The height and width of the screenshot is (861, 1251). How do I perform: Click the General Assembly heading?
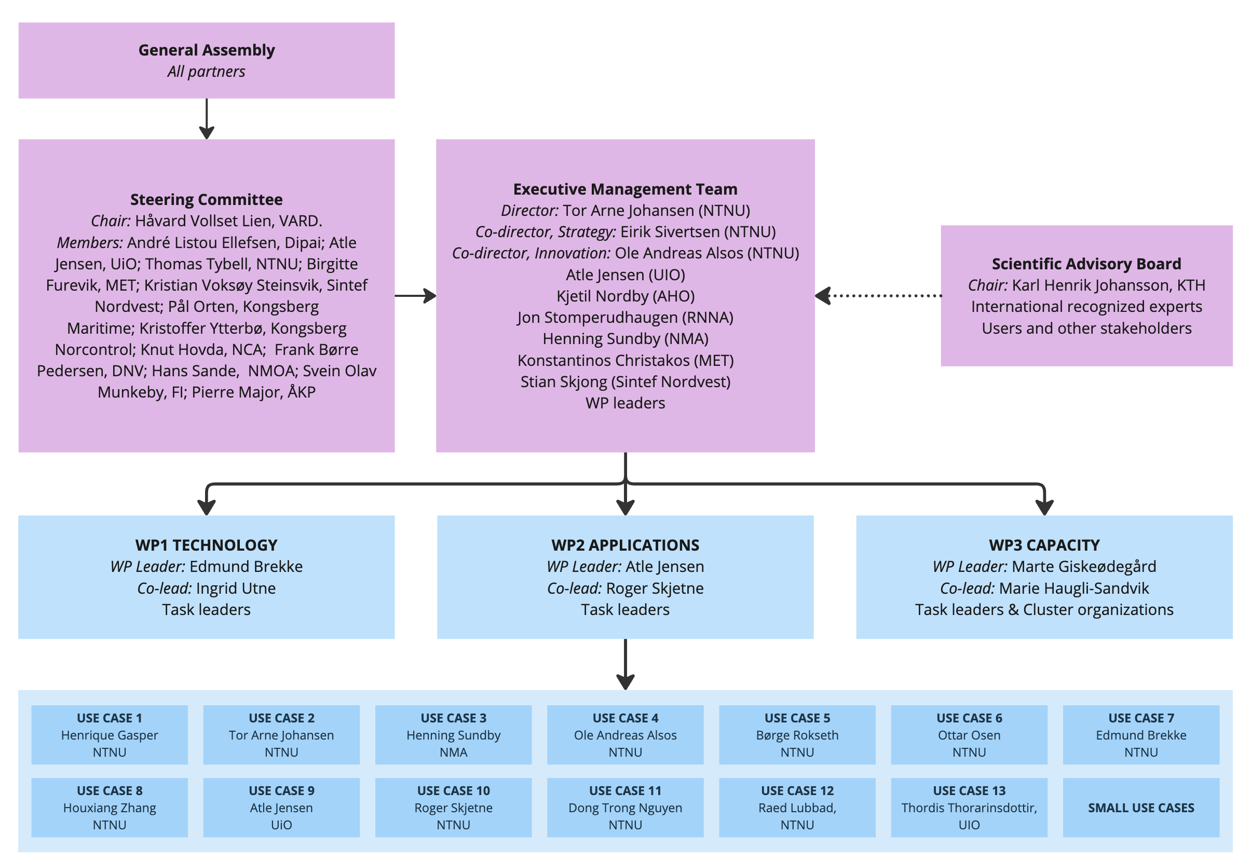coord(207,50)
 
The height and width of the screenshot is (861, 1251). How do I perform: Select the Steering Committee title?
coord(207,200)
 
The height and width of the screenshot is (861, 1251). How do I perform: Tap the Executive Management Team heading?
coord(625,189)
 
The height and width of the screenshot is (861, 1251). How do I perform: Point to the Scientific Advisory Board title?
coord(1086,264)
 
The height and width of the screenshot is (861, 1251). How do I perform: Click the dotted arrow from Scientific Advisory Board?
coord(878,296)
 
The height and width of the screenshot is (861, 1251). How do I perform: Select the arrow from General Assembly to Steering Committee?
coord(207,119)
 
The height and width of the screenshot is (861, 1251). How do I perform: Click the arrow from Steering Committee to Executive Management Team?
coord(415,296)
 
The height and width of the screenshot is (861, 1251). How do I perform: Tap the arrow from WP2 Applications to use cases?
coord(625,665)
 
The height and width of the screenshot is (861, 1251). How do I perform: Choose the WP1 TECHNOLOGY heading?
coord(207,545)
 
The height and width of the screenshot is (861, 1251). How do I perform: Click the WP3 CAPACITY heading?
coord(1044,545)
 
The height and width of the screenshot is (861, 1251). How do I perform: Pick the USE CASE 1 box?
coord(110,735)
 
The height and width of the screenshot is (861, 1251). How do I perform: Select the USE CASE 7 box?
coord(1141,735)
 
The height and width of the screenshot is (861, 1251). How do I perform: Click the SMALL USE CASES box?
coord(1141,808)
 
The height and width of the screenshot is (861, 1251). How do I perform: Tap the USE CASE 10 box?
coord(453,808)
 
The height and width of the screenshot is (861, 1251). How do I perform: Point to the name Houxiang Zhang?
coord(110,808)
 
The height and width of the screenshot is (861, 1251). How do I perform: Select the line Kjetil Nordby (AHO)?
coord(625,296)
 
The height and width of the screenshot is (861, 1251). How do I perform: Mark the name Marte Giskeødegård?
coord(1084,566)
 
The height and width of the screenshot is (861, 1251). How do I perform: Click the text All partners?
coord(206,72)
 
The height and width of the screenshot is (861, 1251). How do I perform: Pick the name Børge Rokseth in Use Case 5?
coord(797,735)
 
